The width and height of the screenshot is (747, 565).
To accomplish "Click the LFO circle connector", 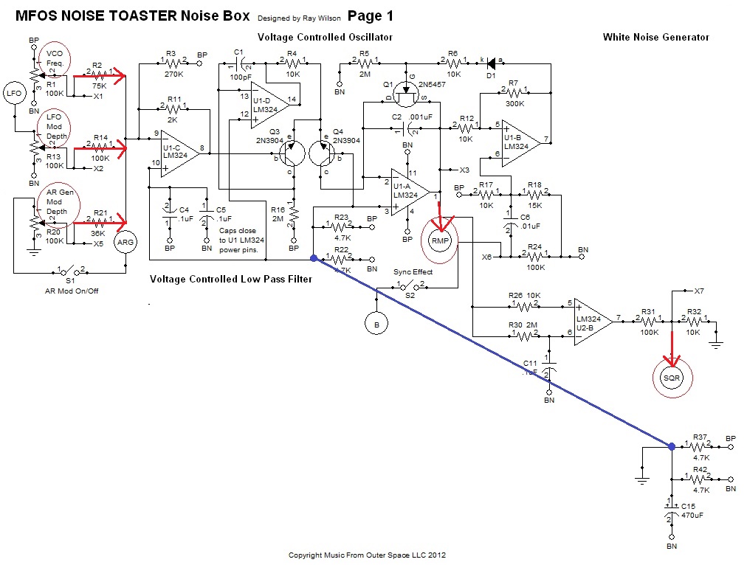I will coord(14,93).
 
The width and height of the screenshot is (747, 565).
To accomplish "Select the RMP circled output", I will coord(440,241).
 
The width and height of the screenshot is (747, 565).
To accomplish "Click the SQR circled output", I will coord(671,377).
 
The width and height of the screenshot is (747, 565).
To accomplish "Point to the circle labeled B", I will coord(376,322).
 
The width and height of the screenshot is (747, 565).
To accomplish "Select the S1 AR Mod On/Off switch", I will coord(69,271).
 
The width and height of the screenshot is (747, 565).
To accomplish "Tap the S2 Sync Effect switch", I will coord(411,285).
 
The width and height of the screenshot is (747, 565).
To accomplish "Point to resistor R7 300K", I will coord(513,92).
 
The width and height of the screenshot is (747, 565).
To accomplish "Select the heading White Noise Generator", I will coord(655,37).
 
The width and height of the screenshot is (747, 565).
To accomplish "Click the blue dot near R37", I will coord(671,446).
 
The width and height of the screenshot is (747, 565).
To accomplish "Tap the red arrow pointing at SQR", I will coord(672,348).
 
